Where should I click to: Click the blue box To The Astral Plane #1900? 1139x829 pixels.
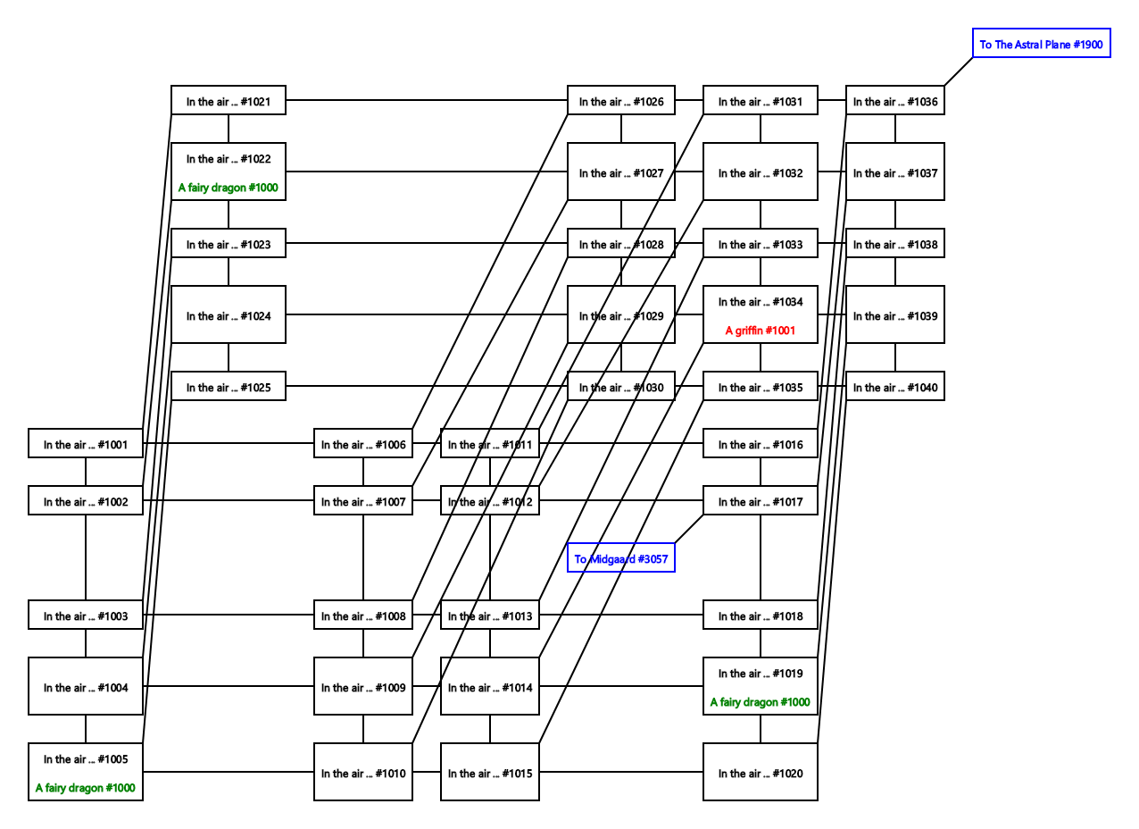point(1041,44)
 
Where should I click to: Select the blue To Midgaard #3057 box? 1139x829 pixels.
point(620,558)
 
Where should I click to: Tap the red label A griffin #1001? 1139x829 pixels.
point(760,331)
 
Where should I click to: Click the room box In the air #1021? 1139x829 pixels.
point(228,101)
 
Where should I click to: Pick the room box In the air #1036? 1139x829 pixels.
point(894,101)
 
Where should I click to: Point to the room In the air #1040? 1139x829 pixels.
point(894,387)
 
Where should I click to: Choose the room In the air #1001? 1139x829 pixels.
point(85,444)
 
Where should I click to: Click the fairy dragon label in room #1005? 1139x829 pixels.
point(85,788)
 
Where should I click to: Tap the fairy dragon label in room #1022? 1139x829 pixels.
point(228,188)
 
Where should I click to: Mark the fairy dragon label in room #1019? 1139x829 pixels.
point(760,702)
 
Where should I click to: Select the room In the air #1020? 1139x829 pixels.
point(760,773)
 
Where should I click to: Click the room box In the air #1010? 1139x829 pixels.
point(362,773)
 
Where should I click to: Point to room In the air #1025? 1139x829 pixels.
point(228,387)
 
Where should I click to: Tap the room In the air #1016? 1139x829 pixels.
point(760,444)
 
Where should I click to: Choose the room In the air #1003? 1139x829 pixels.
point(85,615)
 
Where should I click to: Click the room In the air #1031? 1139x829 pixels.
point(760,101)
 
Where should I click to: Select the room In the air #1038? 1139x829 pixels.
point(894,244)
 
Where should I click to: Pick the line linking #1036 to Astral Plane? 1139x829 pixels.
point(959,71)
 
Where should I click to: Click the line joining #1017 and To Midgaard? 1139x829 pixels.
point(689,529)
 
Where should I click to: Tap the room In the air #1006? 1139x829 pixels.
point(362,444)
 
